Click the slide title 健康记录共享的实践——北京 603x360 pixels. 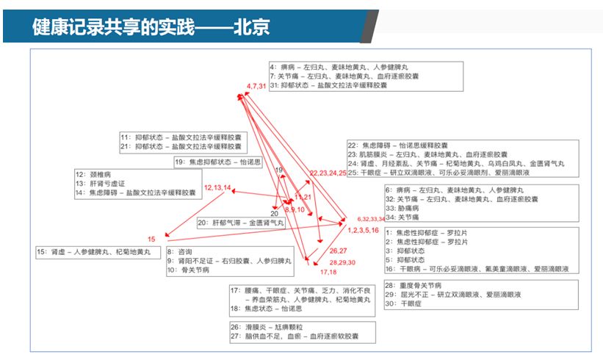[150, 28]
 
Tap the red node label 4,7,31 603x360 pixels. [256, 87]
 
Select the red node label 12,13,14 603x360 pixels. [217, 188]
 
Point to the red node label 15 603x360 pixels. [151, 240]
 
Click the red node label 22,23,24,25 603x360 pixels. [328, 173]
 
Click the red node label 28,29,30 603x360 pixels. [342, 262]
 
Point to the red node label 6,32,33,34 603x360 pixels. [371, 219]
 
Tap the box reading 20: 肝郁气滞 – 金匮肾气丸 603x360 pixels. [240, 222]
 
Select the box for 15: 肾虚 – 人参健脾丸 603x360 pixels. [96, 251]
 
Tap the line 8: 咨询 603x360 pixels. [181, 252]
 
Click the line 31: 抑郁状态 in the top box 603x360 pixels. [328, 85]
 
